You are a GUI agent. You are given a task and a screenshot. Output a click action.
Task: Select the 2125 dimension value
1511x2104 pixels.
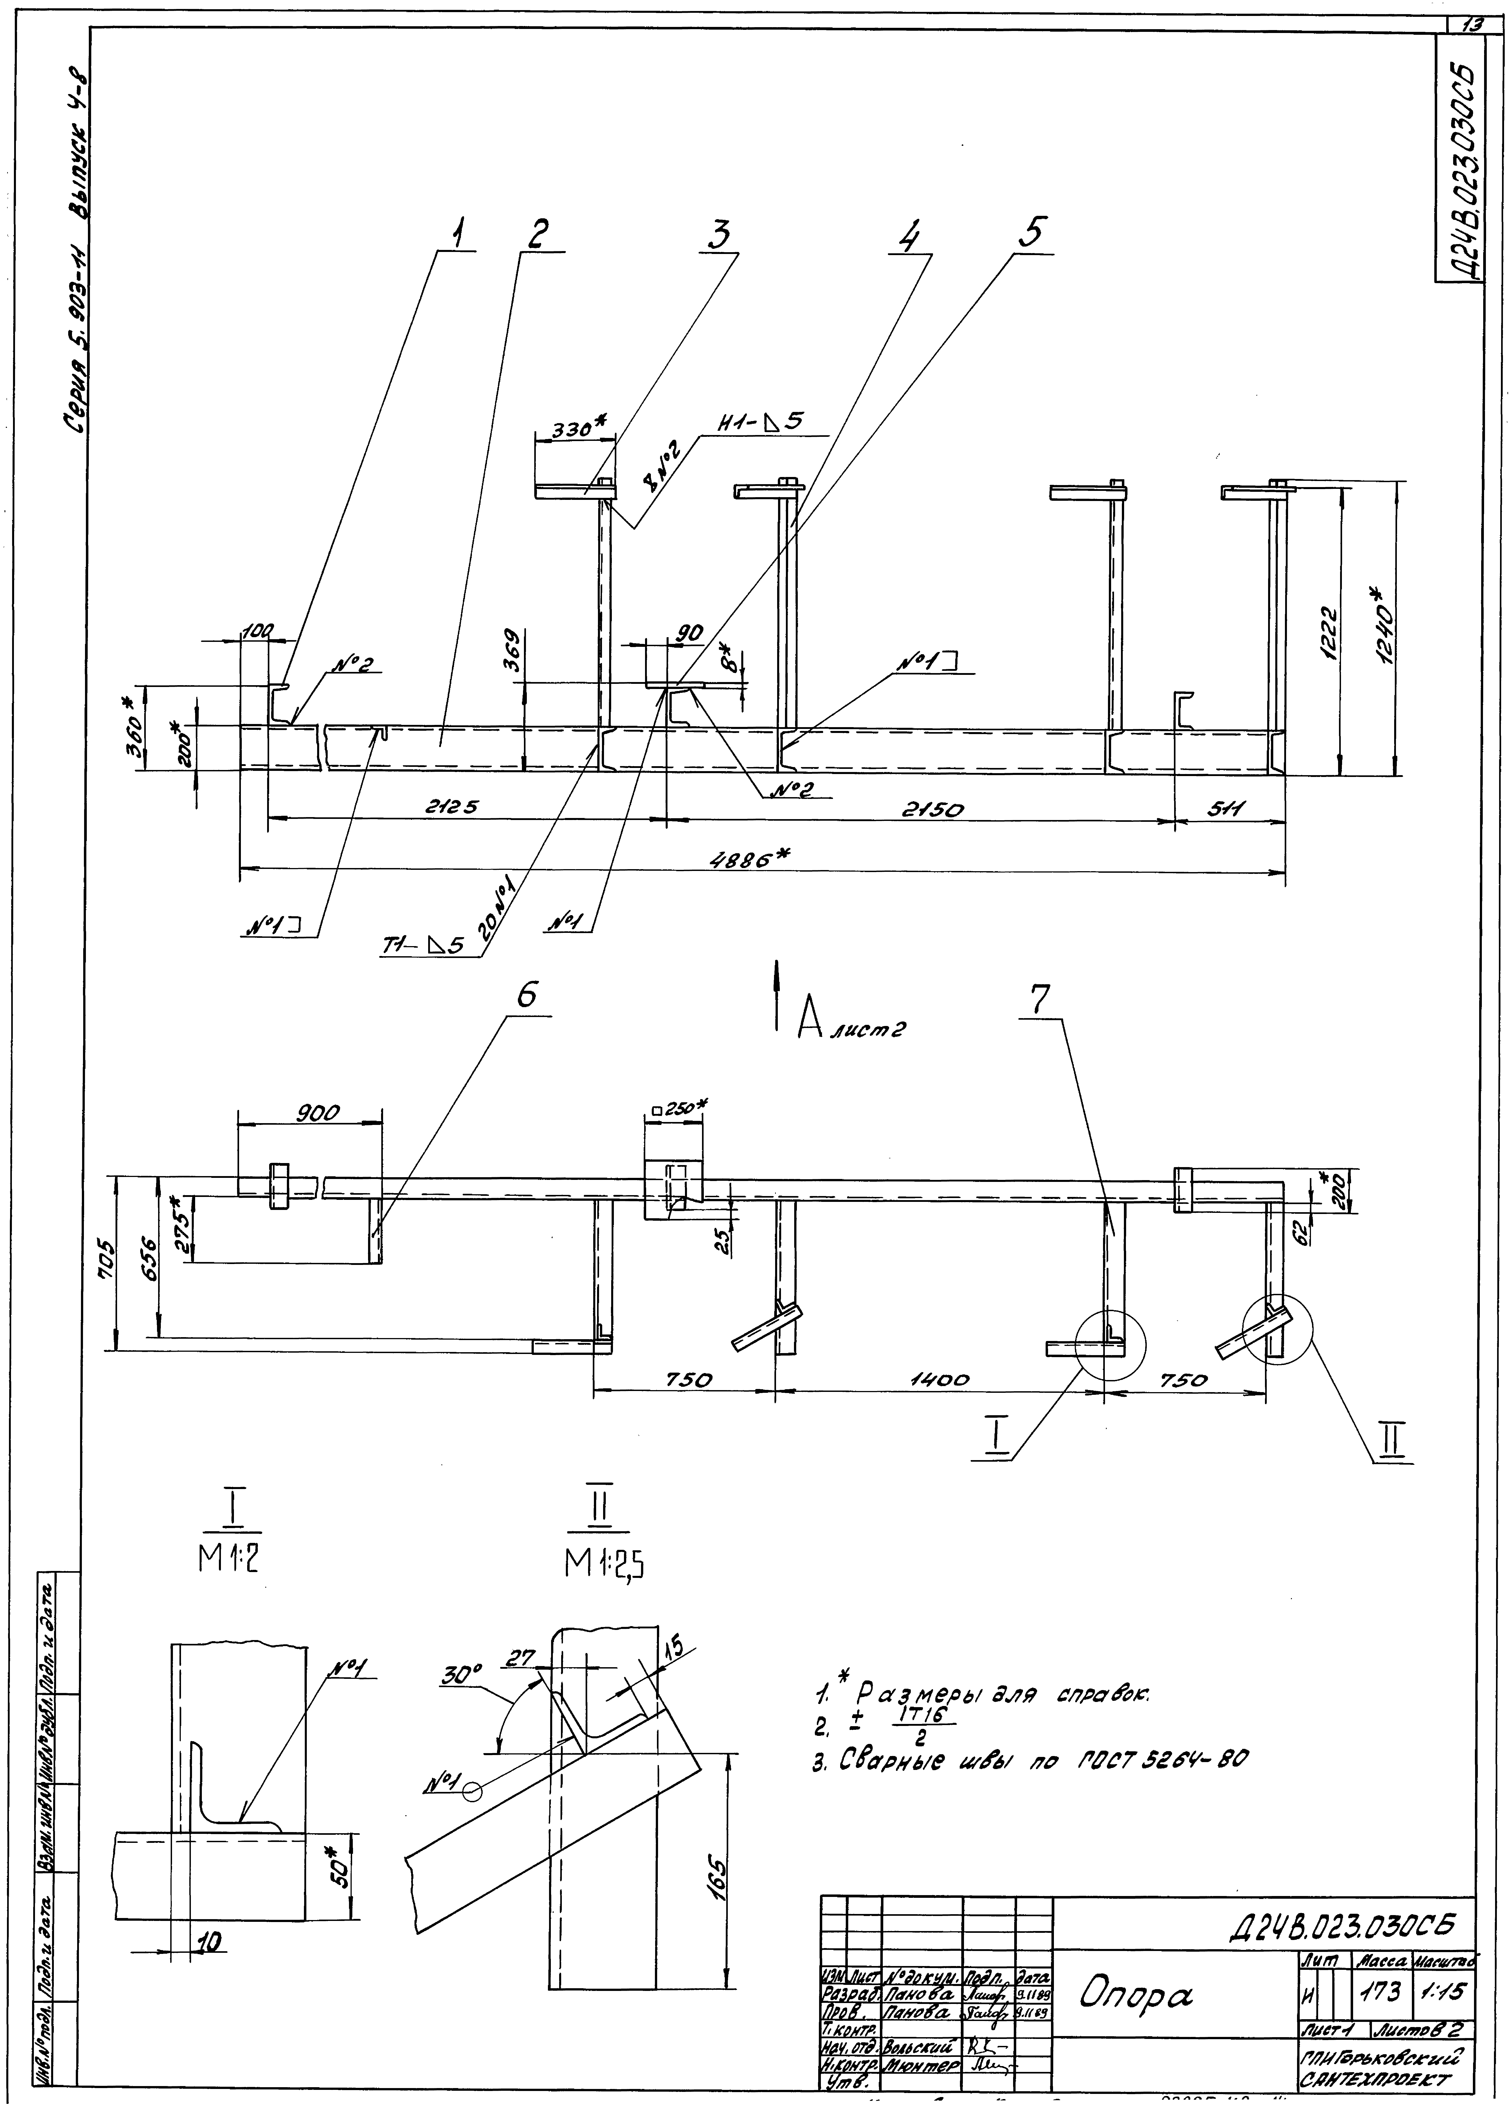point(452,807)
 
